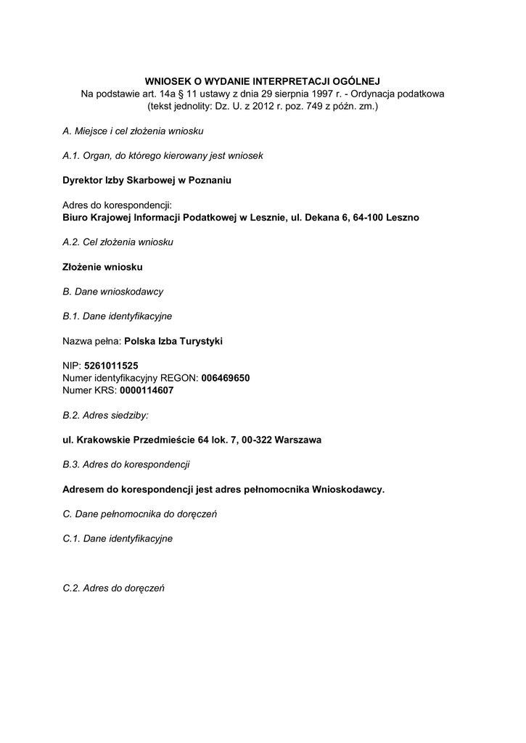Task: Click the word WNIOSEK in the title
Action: tap(166, 82)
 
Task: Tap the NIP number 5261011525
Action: tap(111, 366)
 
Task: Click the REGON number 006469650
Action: tap(226, 378)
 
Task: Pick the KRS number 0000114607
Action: tap(147, 390)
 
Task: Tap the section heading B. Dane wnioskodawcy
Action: tap(113, 291)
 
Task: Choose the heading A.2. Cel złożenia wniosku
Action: tap(118, 242)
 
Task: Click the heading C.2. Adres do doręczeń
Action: tap(114, 588)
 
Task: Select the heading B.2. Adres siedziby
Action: tap(106, 415)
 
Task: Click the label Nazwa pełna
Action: tap(91, 340)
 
